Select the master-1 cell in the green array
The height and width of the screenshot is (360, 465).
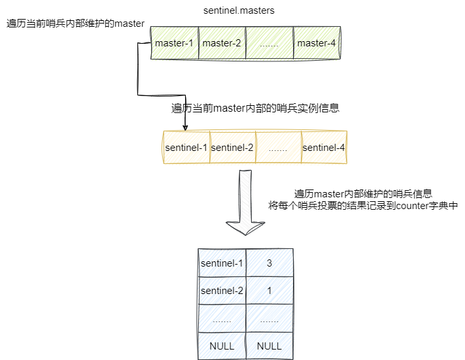point(174,43)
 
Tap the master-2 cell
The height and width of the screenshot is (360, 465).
point(222,43)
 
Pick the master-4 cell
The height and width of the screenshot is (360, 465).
point(317,43)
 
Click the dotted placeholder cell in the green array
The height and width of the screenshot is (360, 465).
point(269,43)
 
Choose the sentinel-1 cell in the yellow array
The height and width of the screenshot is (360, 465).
point(186,148)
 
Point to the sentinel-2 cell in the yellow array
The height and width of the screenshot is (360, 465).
point(232,148)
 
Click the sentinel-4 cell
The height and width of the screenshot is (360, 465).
point(324,148)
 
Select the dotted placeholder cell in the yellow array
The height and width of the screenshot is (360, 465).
point(278,148)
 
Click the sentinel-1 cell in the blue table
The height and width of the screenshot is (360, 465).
point(222,263)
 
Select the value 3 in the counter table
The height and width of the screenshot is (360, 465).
point(269,263)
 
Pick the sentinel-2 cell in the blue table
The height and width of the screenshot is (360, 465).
point(222,291)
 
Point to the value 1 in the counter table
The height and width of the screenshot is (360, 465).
point(269,291)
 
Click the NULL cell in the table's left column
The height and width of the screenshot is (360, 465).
point(222,346)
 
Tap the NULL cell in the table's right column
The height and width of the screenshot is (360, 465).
point(269,346)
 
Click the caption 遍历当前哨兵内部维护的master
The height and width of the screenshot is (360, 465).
point(75,24)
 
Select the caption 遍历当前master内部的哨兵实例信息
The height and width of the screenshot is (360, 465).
point(256,108)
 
